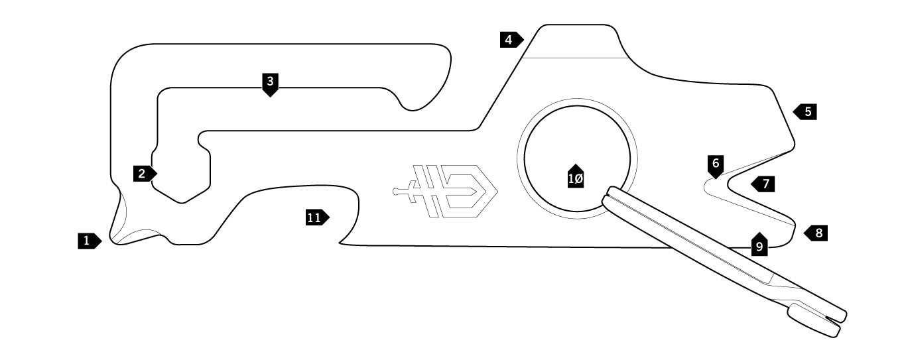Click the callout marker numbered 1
(x=88, y=241)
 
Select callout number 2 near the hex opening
(x=143, y=174)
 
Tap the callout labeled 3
(x=269, y=83)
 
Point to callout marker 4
(x=510, y=40)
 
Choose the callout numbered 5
(x=806, y=111)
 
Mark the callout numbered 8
(x=817, y=233)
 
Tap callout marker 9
(x=759, y=246)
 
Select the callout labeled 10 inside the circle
(x=576, y=178)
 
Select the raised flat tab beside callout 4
(x=575, y=41)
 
